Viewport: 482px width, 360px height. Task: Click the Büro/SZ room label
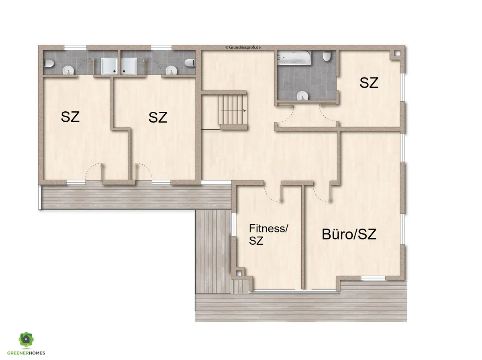[349, 234]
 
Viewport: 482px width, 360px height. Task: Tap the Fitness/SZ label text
[268, 235]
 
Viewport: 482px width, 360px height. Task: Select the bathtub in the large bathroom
[294, 57]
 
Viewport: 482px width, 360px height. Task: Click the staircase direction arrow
[233, 111]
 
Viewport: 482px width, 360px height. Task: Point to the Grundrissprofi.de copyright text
[243, 47]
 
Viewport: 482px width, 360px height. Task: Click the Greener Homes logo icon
[26, 340]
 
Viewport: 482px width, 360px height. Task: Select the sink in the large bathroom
[302, 96]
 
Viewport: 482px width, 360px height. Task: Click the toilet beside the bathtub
[327, 56]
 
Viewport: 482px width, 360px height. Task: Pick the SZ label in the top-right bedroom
[369, 83]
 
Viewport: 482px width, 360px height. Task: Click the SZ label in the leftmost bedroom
[70, 117]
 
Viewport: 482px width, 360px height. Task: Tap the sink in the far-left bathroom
[69, 70]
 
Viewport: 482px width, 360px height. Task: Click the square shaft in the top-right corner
[397, 53]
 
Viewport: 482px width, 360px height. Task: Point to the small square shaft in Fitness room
[239, 273]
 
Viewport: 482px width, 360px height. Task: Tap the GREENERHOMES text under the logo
[26, 353]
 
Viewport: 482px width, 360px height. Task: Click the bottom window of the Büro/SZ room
[373, 278]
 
